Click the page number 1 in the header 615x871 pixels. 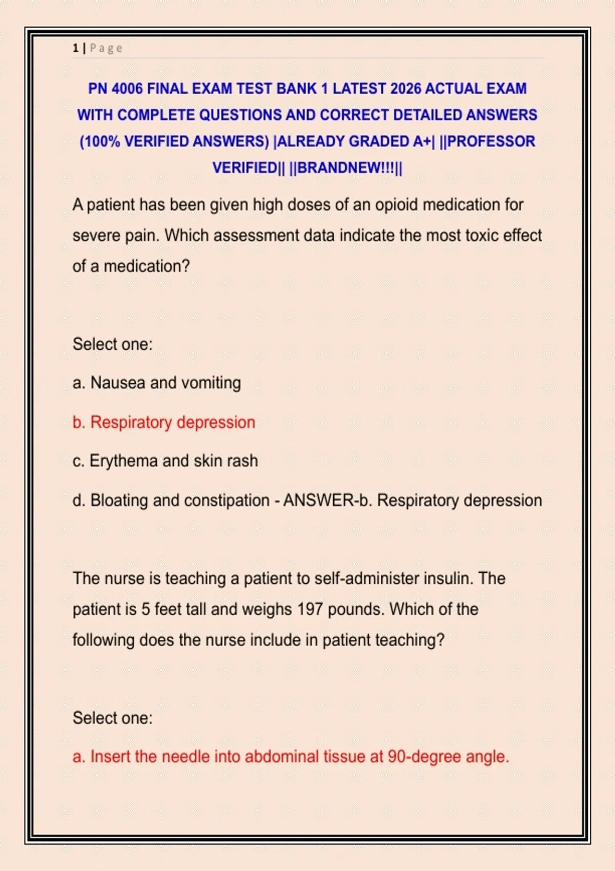tap(75, 48)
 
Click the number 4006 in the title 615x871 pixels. tap(127, 89)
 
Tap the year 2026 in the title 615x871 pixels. tap(405, 89)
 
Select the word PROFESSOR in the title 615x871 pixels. tap(491, 141)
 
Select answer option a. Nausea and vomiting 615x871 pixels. tap(157, 383)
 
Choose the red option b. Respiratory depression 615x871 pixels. tap(164, 422)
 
